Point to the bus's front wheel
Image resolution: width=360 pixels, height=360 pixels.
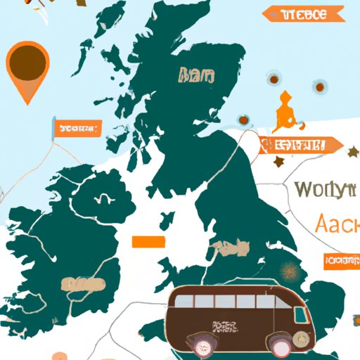click(x=278, y=344)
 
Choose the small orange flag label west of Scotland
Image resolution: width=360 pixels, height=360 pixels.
click(x=75, y=129)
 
